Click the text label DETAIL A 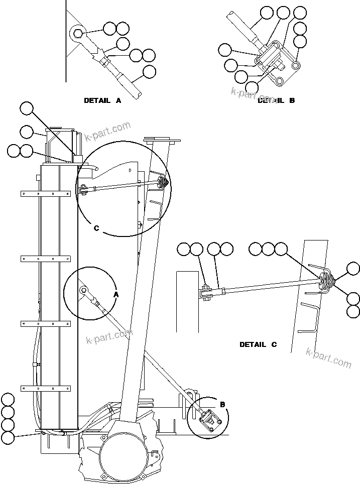102,100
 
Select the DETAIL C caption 258,344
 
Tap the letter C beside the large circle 97,228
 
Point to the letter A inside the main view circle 115,295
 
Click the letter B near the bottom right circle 222,404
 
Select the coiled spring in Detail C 325,282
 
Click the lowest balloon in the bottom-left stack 8,437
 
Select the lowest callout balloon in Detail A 149,72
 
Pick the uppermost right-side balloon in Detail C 353,269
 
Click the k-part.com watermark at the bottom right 328,357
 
